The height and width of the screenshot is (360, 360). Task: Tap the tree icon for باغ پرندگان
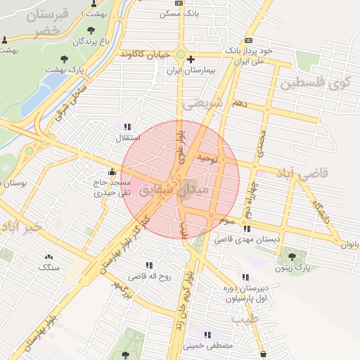coord(91,30)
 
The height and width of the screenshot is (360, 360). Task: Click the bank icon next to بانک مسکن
coord(180,3)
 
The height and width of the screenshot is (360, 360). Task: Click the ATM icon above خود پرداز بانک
coord(249,40)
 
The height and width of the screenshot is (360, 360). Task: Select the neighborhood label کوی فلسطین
coord(314,84)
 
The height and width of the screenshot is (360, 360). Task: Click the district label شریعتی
coord(205,103)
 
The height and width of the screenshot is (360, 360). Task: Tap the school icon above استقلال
coord(127,127)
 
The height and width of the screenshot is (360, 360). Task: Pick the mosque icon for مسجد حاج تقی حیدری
coord(112,172)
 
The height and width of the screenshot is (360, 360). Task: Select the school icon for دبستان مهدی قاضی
coord(246,229)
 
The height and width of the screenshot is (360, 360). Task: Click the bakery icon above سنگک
coord(49,257)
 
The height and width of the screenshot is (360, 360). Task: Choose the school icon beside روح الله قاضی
coord(148,265)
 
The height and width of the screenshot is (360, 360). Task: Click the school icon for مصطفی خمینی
coord(207,335)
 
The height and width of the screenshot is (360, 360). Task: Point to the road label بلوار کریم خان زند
coord(188,288)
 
